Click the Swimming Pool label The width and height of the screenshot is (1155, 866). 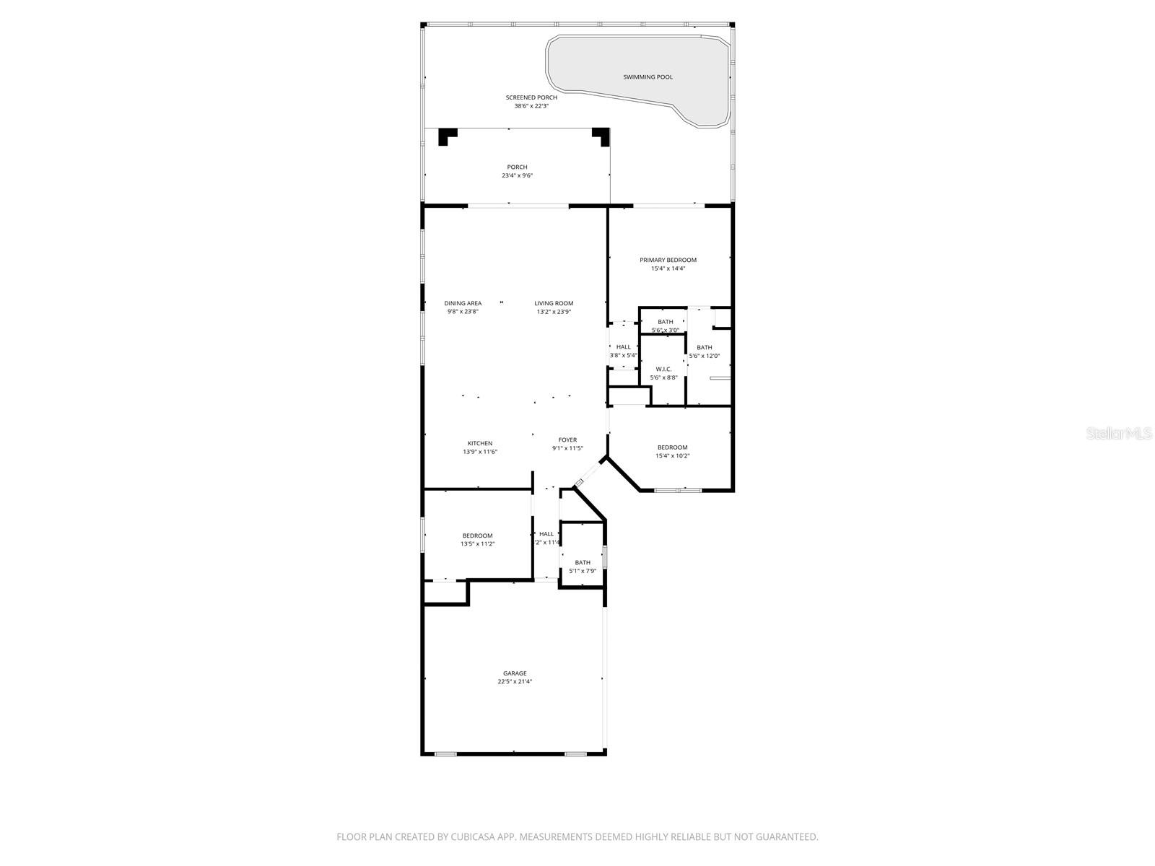coord(648,77)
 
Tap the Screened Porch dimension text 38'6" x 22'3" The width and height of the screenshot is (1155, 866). coord(531,106)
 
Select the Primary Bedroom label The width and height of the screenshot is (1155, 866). coord(668,260)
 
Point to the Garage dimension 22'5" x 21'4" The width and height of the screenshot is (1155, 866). coord(515,681)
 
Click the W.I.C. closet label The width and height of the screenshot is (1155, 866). coord(663,369)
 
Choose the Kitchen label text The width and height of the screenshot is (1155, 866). coord(480,443)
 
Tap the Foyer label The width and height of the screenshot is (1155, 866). coord(567,439)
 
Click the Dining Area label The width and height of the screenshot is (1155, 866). coord(463,303)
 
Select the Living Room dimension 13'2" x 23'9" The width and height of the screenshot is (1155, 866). coord(554,312)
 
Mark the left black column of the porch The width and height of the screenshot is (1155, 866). coord(448,135)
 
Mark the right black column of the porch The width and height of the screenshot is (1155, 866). coord(601,135)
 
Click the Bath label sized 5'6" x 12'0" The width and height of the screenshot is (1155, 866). coord(704,347)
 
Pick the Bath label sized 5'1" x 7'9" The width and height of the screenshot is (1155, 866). coord(583,562)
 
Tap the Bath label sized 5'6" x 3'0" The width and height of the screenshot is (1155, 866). coord(665,322)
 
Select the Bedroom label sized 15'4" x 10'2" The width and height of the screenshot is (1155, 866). coord(672,447)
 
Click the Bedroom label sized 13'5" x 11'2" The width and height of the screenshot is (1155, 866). coord(477,535)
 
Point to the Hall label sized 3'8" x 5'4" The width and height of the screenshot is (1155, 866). coord(623,347)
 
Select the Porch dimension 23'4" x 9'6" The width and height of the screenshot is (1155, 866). coord(517,175)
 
